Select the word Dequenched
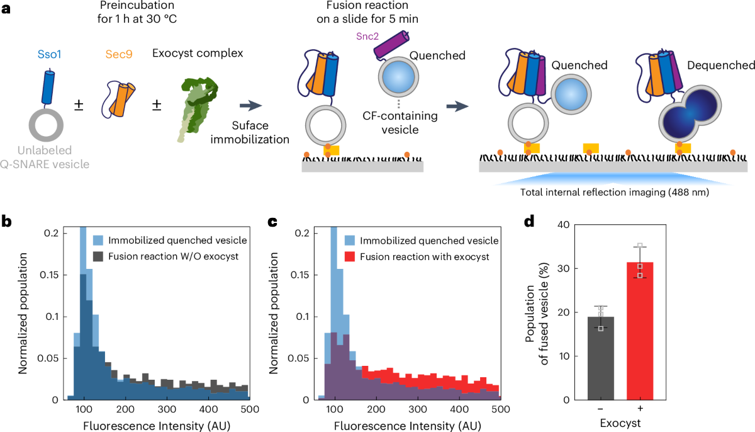pyautogui.click(x=719, y=65)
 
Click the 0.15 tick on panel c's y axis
pyautogui.click(x=305, y=275)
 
